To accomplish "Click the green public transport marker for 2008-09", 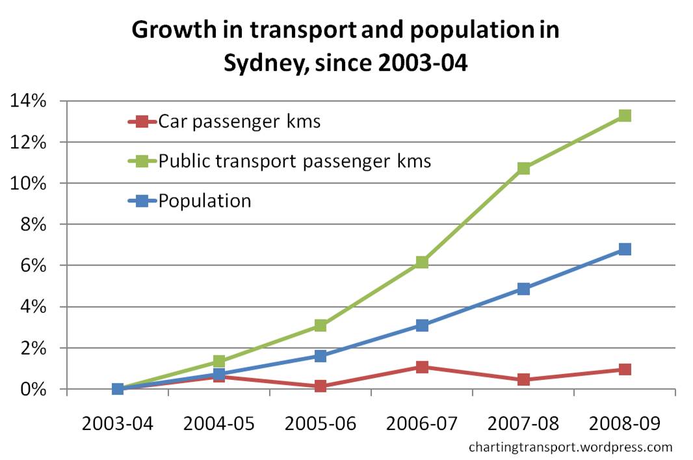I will coord(625,116).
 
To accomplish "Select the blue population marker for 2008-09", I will coord(625,249).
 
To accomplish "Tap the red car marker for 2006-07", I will coord(422,367).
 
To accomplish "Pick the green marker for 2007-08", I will coord(523,169).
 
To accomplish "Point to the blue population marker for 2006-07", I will coord(422,325).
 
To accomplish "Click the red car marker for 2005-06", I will coord(320,386).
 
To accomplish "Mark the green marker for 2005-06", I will coord(320,325).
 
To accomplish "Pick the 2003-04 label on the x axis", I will coord(118,424).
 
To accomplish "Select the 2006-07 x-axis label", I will coord(422,424).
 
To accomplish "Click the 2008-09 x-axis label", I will coord(625,424).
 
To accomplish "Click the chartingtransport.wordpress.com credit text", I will coord(570,447).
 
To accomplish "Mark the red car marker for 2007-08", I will coord(523,379).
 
